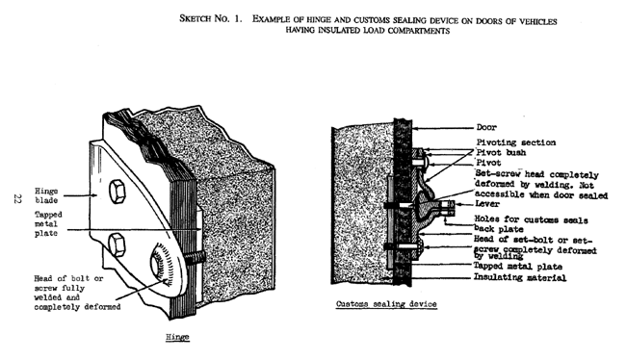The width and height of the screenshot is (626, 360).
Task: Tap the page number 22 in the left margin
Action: click(17, 199)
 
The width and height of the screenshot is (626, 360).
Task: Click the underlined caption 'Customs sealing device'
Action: click(384, 303)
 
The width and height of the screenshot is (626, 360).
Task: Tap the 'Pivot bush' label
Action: click(503, 153)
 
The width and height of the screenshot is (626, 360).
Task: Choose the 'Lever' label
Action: click(488, 204)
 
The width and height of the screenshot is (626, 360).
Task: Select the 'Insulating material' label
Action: click(517, 278)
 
